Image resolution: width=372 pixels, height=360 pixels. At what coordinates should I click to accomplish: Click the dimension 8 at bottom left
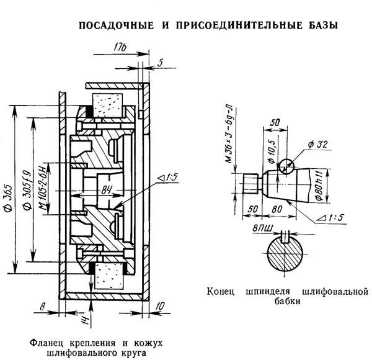(x=42, y=305)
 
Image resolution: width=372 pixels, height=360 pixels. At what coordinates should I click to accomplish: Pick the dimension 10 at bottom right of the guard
(x=160, y=305)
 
